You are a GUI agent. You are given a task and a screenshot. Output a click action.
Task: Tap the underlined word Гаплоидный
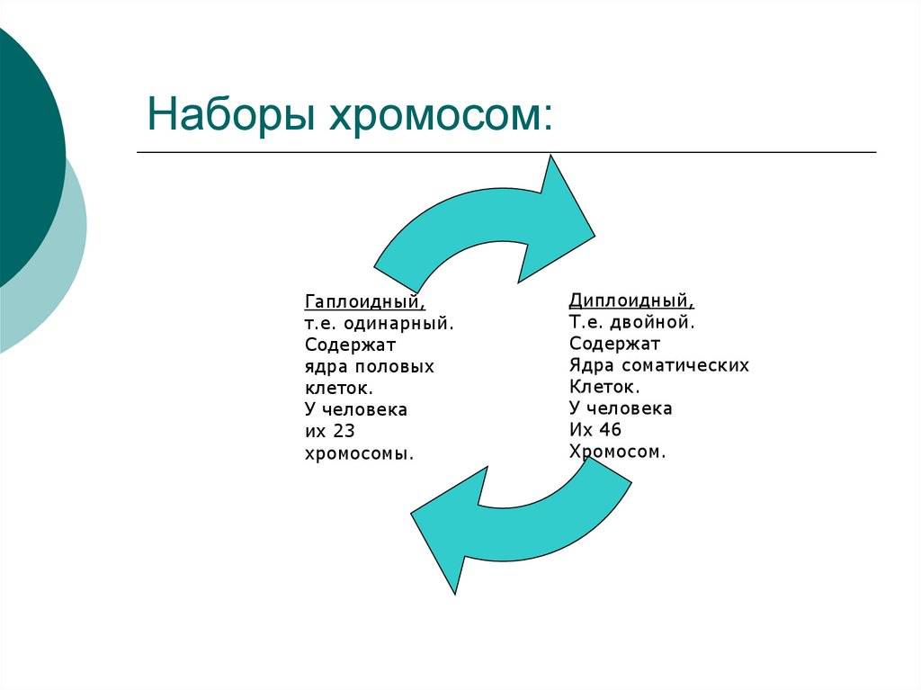point(365,301)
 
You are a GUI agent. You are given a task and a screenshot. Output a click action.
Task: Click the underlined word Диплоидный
point(631,300)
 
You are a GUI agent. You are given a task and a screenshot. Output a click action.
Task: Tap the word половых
point(395,367)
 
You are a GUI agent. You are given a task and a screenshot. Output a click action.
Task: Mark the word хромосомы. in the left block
point(359,453)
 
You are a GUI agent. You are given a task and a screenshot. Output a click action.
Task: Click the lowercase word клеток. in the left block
point(338,389)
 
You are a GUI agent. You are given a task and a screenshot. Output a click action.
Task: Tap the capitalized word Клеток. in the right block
point(604,387)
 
